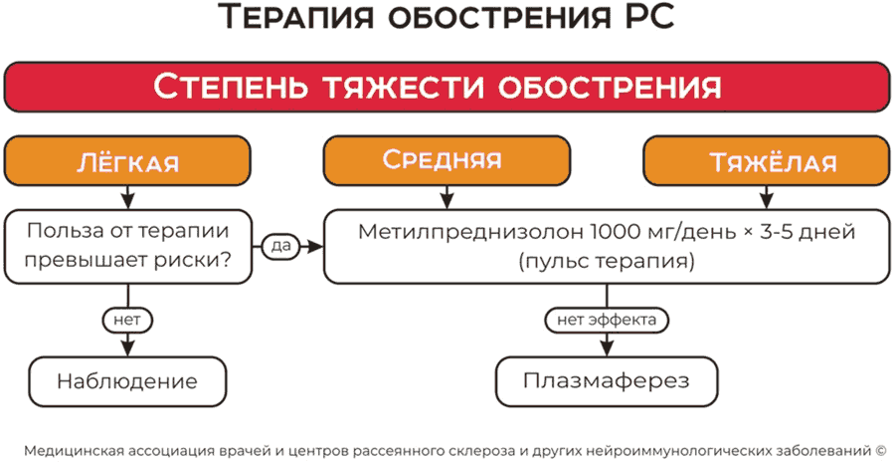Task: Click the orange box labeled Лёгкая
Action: (x=127, y=162)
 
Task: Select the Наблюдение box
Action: (x=127, y=381)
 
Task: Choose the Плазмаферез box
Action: (x=607, y=381)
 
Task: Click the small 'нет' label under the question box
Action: (x=126, y=321)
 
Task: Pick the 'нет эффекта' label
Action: (x=606, y=321)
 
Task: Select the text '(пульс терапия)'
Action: (x=607, y=263)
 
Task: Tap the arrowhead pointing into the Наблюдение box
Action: (x=127, y=348)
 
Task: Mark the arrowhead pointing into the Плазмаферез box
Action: (x=606, y=348)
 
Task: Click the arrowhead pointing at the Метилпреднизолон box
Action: (x=315, y=245)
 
